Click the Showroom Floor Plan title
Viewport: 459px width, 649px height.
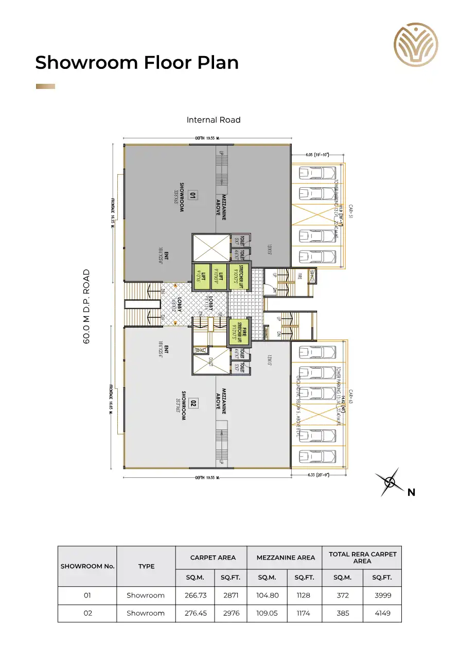[137, 63]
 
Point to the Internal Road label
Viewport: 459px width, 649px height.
[214, 120]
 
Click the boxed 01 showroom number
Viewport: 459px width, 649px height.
[192, 195]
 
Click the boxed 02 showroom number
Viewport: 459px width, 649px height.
[193, 403]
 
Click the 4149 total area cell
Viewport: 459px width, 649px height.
[382, 613]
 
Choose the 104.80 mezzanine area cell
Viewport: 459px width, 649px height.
[267, 595]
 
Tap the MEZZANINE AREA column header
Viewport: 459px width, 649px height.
[285, 557]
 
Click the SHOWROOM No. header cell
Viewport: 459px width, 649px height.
[87, 566]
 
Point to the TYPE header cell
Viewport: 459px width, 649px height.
[146, 566]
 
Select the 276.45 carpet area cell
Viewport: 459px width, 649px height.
[195, 613]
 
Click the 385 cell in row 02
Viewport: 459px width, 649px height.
[342, 613]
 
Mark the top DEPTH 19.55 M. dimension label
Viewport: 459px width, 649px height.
[207, 138]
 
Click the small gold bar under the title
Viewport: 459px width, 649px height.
[45, 86]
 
